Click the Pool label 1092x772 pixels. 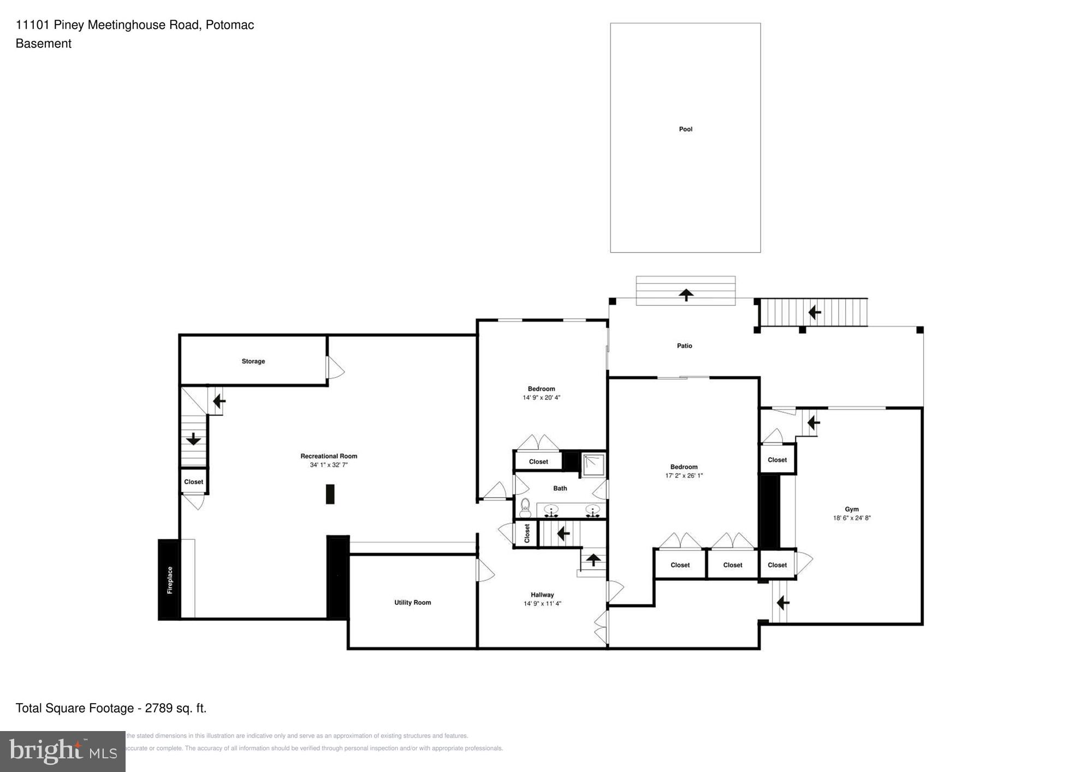(685, 129)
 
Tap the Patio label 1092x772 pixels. (684, 346)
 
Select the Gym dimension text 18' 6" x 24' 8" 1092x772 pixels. (851, 518)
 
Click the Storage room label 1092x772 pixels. (253, 361)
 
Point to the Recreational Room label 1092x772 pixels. (329, 456)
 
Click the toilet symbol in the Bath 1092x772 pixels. (525, 508)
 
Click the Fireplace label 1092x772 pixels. (170, 580)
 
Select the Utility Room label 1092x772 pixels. (413, 603)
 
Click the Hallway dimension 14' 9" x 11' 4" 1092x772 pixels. (542, 604)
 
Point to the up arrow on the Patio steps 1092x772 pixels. (686, 295)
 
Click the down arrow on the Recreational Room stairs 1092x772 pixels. (193, 438)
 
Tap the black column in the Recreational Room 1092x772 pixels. (330, 494)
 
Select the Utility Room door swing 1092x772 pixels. (485, 571)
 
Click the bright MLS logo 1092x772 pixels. (63, 751)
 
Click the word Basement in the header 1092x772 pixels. (44, 44)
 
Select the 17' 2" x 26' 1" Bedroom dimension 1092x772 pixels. (684, 476)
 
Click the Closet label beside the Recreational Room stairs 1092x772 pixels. (194, 482)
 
